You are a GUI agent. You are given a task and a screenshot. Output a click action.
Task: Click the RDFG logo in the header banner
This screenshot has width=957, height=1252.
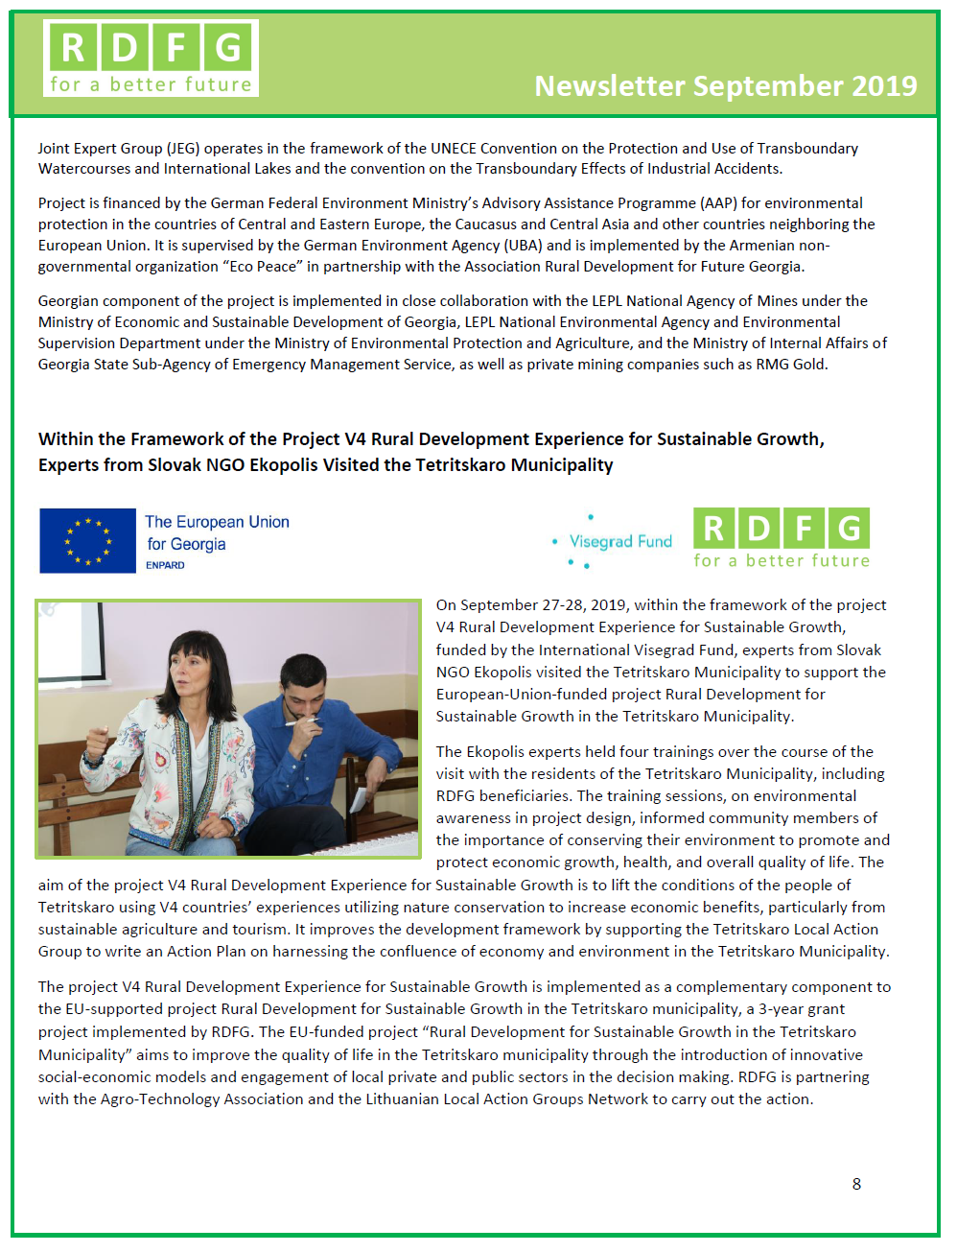pos(151,59)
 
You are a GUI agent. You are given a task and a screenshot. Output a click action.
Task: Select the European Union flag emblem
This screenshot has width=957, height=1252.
pos(87,541)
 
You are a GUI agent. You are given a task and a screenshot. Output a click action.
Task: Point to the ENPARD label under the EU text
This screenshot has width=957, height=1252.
pos(165,565)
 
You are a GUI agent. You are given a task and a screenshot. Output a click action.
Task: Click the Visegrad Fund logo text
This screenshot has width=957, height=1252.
pos(620,542)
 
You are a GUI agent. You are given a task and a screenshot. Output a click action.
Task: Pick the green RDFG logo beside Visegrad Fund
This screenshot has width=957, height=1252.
pos(781,538)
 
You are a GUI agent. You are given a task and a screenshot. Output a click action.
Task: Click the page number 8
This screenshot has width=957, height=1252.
pos(856,1184)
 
